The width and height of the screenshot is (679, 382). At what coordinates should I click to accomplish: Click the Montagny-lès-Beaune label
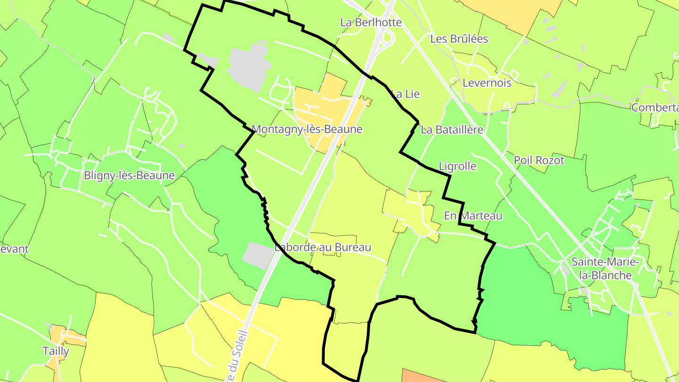307,129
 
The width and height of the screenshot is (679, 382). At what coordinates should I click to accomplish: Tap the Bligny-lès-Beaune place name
129,176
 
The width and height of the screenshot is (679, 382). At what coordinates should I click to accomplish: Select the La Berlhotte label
371,23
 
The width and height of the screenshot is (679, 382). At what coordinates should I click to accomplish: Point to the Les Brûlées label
459,39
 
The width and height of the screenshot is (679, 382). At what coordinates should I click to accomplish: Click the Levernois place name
487,83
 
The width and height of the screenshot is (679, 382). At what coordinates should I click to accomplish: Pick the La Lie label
406,94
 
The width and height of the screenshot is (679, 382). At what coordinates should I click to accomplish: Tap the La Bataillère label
452,130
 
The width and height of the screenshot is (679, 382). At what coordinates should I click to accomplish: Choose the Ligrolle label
457,166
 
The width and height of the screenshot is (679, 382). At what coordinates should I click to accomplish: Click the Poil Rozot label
539,160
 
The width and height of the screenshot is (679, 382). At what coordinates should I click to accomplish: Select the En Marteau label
473,216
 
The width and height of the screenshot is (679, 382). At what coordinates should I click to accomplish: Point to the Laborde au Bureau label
323,247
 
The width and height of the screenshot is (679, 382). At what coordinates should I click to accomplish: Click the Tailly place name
56,351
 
